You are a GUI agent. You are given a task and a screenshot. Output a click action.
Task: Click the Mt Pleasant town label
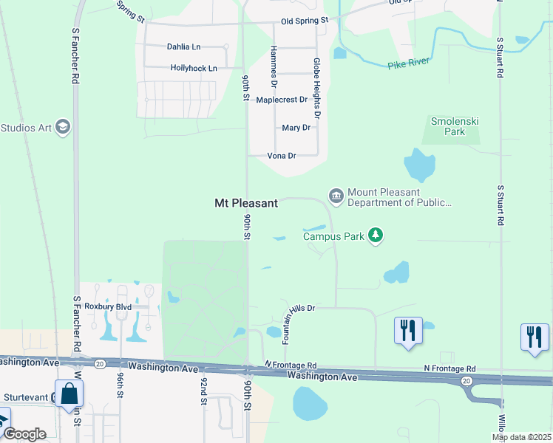tap(245, 203)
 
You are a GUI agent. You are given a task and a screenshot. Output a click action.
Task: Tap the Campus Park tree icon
tap(377, 236)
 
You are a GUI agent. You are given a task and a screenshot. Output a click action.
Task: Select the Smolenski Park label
tap(449, 126)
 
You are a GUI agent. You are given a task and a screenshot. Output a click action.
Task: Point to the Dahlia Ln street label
tap(183, 47)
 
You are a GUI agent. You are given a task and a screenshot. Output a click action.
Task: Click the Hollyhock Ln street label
tap(194, 68)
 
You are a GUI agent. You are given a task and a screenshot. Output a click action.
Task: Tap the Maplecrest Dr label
tap(281, 100)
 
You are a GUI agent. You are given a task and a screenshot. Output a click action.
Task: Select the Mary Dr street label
tap(296, 128)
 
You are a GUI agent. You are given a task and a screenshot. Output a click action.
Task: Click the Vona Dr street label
tap(281, 156)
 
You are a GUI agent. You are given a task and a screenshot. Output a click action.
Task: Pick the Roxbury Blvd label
tap(107, 306)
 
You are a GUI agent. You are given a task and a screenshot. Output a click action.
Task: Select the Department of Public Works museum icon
tap(336, 196)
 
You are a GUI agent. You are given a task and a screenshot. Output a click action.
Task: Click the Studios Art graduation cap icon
tap(63, 128)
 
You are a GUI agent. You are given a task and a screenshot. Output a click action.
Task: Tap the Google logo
tap(24, 434)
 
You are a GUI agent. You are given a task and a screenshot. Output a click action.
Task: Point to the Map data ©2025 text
tap(521, 437)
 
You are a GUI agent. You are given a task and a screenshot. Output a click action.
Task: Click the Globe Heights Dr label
tap(316, 89)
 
